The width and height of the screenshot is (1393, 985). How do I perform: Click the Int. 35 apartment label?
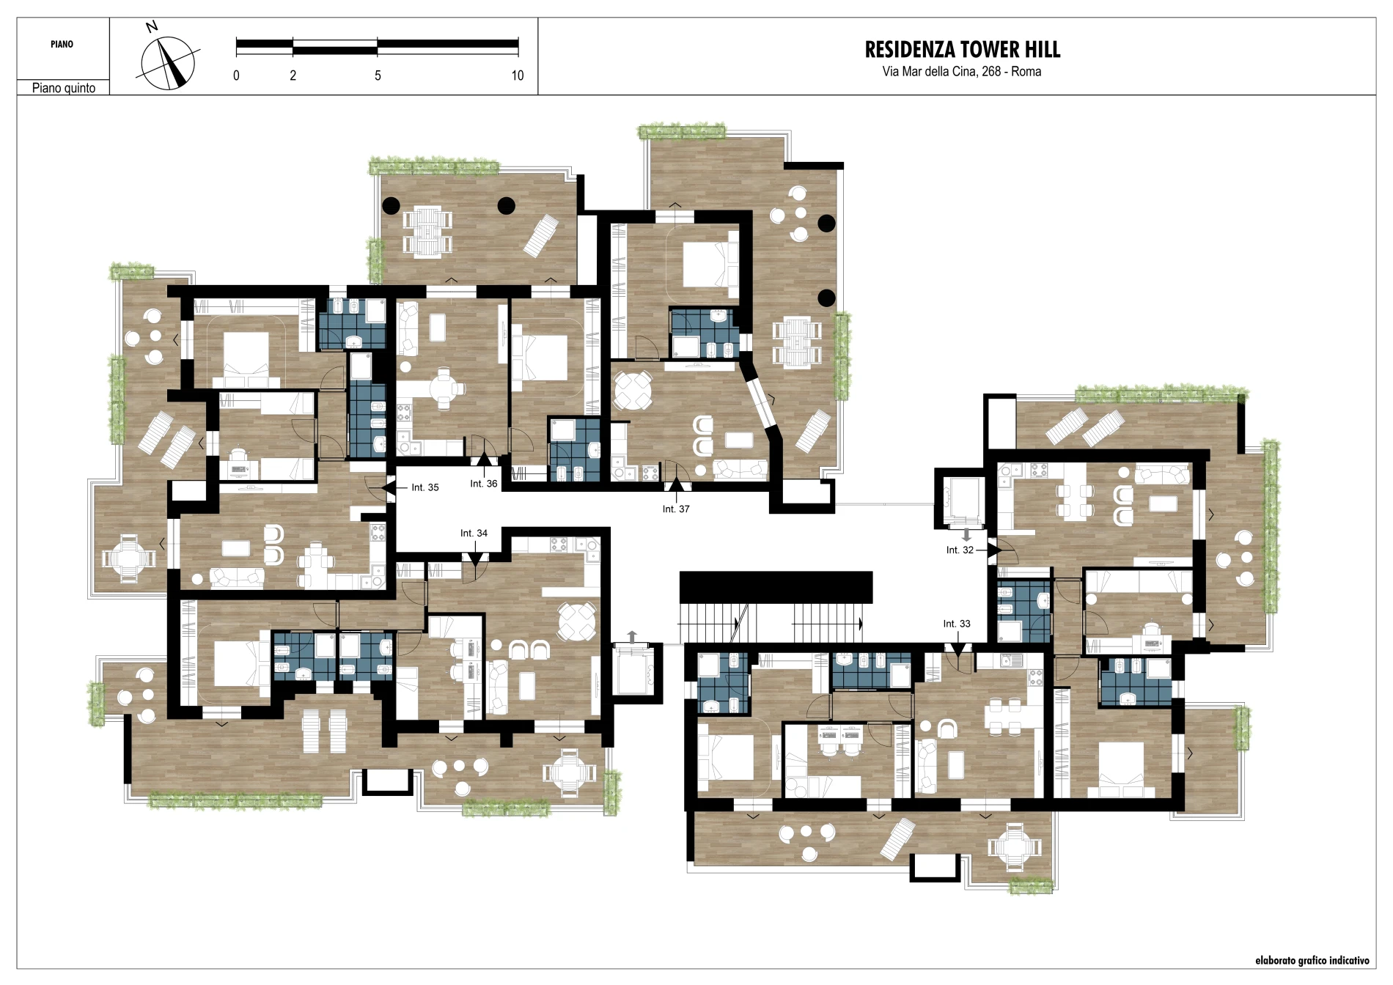click(424, 487)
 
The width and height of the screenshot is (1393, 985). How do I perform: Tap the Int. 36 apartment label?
click(483, 484)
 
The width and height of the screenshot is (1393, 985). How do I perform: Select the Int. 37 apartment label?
click(676, 509)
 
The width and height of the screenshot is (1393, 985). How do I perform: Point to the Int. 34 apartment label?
click(474, 533)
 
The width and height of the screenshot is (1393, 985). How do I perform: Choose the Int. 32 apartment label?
click(960, 550)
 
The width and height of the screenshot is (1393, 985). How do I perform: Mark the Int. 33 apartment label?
click(957, 624)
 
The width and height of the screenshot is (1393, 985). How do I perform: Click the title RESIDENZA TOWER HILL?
click(963, 50)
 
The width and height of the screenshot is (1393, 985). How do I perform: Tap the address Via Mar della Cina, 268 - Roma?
click(962, 71)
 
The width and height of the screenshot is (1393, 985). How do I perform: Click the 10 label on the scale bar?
click(518, 75)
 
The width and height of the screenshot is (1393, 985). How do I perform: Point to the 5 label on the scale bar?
click(378, 75)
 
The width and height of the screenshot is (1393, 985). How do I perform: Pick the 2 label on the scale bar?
click(293, 75)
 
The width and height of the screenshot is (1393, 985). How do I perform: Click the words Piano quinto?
click(64, 88)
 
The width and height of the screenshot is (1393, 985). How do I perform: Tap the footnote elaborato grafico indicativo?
click(1312, 960)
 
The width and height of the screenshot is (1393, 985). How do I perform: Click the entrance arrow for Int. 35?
click(389, 487)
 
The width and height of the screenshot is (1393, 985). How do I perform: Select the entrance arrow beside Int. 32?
click(994, 550)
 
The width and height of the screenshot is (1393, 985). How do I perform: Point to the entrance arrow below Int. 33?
click(958, 649)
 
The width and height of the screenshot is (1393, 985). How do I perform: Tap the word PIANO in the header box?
click(62, 44)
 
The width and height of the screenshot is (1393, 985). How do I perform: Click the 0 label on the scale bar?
click(236, 75)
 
